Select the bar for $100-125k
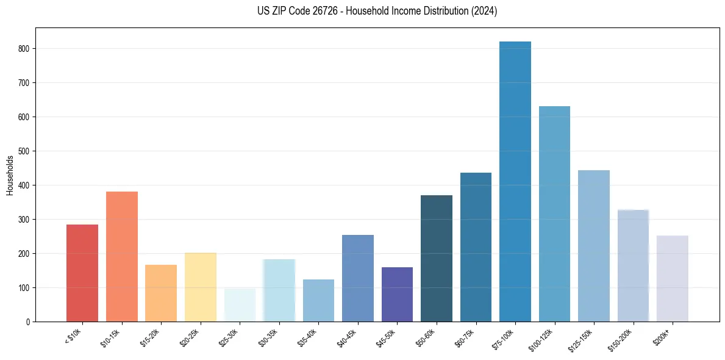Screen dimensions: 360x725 (x=554, y=214)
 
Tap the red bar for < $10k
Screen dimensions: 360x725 (x=82, y=273)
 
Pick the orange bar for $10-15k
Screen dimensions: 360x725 (x=121, y=256)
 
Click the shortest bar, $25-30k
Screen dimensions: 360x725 (x=240, y=305)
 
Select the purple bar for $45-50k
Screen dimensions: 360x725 (x=397, y=294)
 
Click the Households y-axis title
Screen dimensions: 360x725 (x=10, y=175)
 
